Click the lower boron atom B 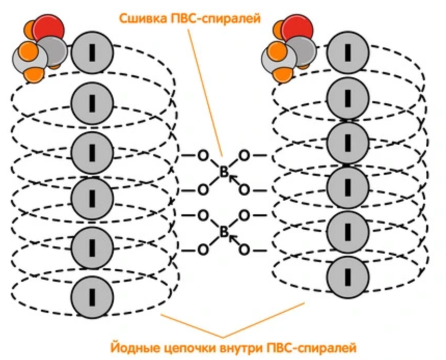224,232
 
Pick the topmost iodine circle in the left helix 92,52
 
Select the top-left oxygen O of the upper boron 203,155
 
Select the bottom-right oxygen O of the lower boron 244,250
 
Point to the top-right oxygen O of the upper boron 244,155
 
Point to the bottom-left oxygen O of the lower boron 203,250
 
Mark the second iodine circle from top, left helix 92,103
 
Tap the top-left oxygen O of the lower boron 203,215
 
